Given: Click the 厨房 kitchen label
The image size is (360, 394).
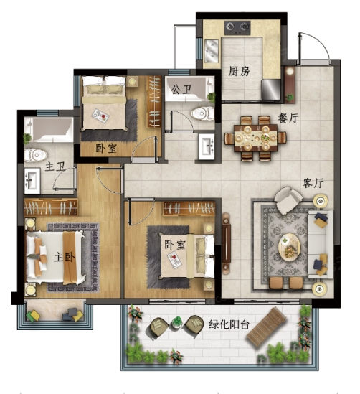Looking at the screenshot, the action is point(239,71).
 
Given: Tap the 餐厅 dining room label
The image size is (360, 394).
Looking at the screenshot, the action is point(288,118).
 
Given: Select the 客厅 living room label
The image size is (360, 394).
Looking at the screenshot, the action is point(313,183).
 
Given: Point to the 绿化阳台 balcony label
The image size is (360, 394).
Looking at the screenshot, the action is point(229,324).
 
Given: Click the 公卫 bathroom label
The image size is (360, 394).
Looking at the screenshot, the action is point(181,89).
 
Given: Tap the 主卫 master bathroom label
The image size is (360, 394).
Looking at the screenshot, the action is point(55,166).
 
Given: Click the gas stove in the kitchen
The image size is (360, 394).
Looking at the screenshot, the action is point(237,27).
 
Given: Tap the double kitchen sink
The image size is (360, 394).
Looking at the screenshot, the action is point(211,51).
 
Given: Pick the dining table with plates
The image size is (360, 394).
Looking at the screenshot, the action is point(255,138).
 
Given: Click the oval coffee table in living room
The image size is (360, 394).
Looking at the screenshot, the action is point(290,247).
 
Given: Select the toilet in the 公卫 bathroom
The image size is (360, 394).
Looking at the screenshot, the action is point(202,113).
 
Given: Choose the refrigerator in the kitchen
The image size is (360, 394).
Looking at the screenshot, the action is point(271,90).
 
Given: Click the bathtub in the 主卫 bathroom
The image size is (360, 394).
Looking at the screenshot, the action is point(49,130).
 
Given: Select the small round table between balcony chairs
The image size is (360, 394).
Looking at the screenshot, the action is point(177,323).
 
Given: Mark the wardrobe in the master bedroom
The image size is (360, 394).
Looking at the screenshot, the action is point(51,207).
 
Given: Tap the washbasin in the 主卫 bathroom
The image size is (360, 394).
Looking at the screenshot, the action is point(32,181).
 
